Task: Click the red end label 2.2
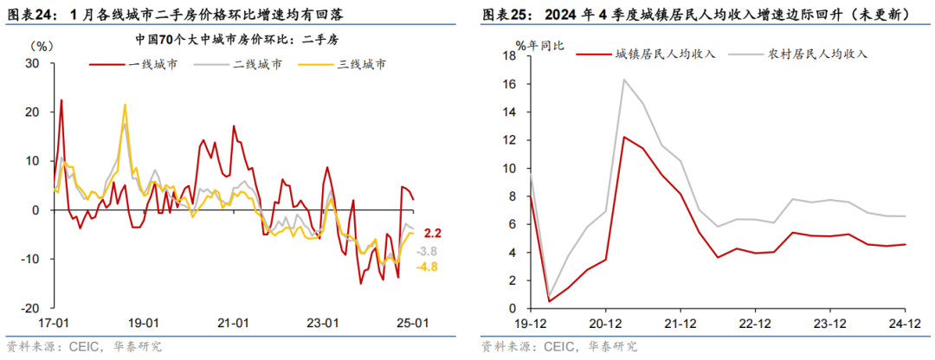click(433, 233)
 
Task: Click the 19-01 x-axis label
click(143, 323)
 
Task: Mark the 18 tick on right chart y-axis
click(509, 56)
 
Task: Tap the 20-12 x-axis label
click(606, 323)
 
